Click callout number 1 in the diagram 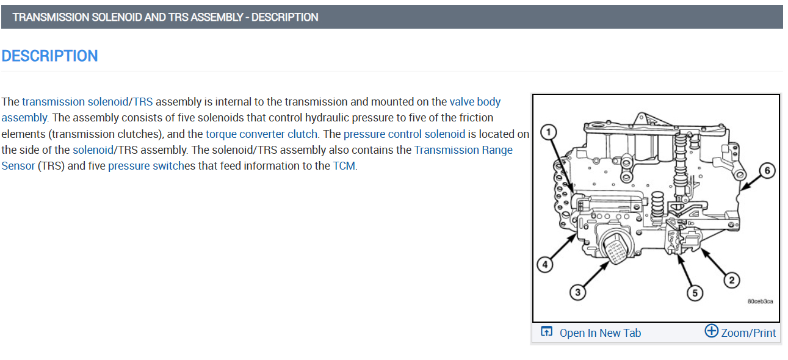[x=549, y=132]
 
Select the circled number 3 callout [x=577, y=293]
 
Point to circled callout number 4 [x=545, y=264]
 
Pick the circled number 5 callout [x=694, y=293]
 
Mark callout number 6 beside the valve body [x=767, y=171]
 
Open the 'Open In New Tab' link [x=600, y=333]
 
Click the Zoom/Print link [x=748, y=333]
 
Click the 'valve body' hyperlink [x=475, y=102]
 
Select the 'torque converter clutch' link [x=262, y=134]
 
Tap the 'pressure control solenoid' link [x=404, y=134]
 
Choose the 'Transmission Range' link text [x=463, y=149]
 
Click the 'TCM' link [x=344, y=165]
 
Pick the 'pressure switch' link [x=145, y=165]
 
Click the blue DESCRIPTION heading [x=49, y=56]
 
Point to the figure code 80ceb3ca [x=760, y=301]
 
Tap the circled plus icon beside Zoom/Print [x=711, y=331]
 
